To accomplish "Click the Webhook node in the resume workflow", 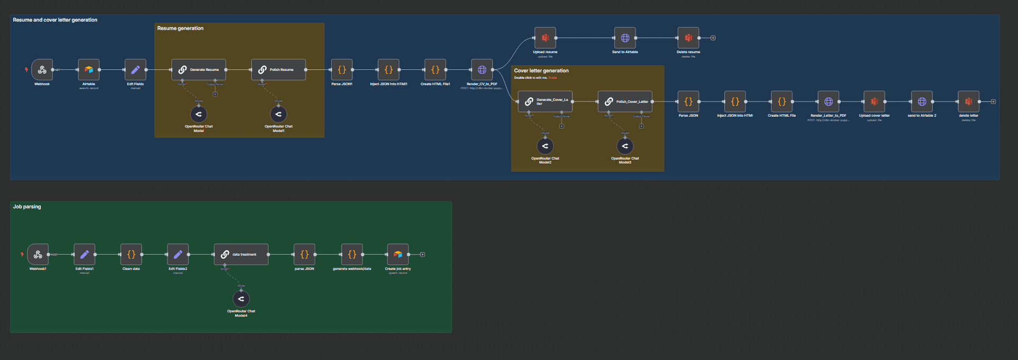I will [x=42, y=69].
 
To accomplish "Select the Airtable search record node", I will [x=89, y=69].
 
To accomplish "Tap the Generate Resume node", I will [x=199, y=69].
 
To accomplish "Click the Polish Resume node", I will [x=278, y=69].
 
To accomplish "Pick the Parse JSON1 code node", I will [x=342, y=69].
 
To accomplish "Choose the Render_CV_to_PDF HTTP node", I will [x=482, y=69].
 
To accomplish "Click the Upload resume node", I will [x=545, y=38].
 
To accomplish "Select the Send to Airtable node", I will [x=625, y=38].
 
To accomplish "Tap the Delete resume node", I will [x=688, y=38].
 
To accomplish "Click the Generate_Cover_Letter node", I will [x=545, y=101].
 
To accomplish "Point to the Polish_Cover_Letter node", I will [x=625, y=101].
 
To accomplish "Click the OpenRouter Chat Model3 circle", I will [x=625, y=146].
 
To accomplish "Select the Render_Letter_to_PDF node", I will [x=828, y=101].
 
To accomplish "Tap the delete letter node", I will [x=968, y=101].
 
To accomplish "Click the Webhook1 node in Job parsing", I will [x=38, y=254].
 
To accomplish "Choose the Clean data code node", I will [x=131, y=254].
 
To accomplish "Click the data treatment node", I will [x=241, y=254].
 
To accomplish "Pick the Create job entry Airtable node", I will [x=398, y=254].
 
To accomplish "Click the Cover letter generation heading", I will [x=541, y=71].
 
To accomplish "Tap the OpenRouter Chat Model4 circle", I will [x=241, y=299].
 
